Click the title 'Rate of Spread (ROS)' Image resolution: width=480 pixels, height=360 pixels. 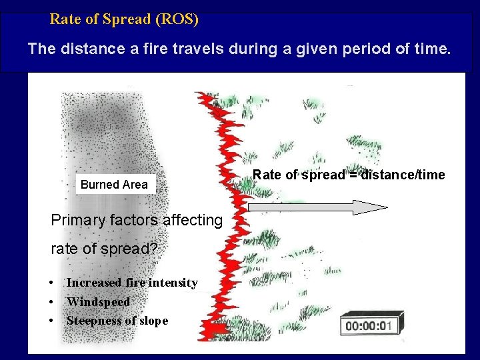124,19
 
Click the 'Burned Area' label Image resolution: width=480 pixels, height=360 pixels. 114,185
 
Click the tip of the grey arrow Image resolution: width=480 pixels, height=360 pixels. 385,207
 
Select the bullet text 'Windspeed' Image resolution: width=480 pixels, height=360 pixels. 98,301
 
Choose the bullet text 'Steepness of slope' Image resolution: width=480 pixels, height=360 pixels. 117,320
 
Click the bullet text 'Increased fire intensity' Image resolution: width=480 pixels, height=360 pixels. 131,283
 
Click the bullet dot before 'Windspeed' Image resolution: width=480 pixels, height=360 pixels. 51,302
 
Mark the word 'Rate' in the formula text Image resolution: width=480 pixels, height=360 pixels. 267,175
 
